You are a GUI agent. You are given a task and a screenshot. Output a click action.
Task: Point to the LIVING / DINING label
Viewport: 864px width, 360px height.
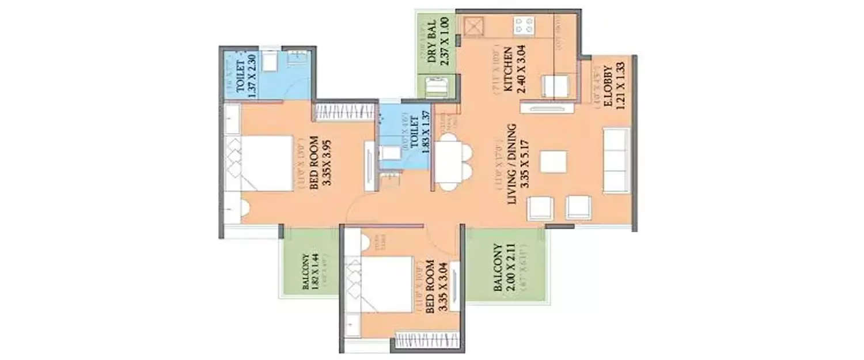tap(511, 163)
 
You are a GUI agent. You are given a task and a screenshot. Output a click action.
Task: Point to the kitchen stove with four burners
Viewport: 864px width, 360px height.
tap(524, 26)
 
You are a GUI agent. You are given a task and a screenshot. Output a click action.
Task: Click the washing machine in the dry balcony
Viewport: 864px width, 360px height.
tap(434, 88)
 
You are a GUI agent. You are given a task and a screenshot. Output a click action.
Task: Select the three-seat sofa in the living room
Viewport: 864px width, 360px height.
tap(616, 160)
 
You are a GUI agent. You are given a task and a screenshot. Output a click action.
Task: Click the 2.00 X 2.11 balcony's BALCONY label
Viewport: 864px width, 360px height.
tap(498, 268)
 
